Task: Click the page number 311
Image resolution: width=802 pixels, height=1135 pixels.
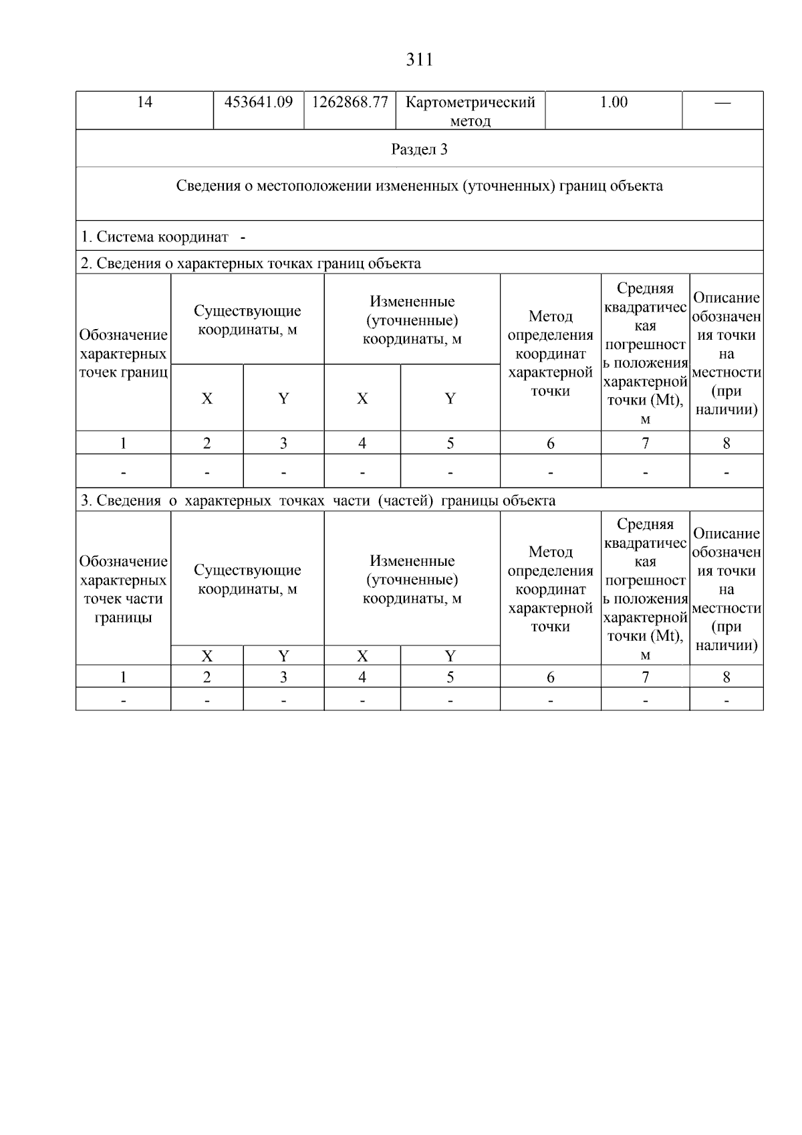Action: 419,60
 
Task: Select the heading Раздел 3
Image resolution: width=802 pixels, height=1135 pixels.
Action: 419,149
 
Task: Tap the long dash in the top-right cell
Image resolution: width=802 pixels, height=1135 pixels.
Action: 722,103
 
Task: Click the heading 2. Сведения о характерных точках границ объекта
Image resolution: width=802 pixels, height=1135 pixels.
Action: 251,264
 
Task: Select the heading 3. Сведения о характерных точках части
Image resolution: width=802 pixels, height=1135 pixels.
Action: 317,501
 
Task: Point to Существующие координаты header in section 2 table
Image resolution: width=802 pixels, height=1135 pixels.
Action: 247,320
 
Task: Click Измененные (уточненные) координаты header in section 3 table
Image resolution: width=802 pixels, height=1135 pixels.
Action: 412,579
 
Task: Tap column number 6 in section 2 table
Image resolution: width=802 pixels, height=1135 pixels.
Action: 550,443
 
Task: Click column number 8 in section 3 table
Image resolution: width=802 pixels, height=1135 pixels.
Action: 726,678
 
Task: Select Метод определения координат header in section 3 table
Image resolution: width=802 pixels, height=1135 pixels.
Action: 550,589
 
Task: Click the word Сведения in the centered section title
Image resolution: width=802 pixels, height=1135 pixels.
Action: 206,186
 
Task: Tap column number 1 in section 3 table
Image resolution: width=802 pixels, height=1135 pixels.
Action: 123,678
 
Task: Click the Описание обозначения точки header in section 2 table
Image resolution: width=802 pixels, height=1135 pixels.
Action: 726,353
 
